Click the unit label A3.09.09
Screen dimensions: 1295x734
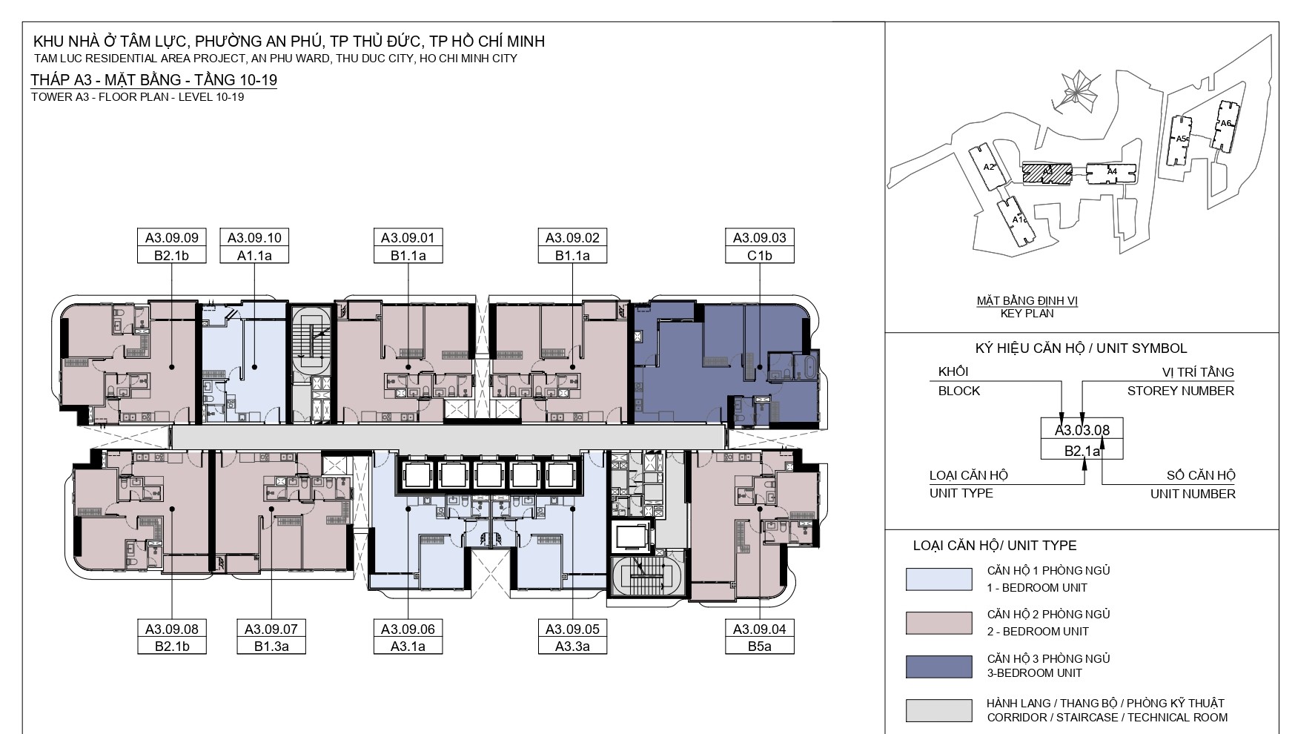click(x=171, y=238)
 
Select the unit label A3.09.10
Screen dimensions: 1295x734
click(x=254, y=238)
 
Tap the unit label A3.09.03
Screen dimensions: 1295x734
click(x=760, y=238)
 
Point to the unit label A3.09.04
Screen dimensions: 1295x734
click(x=760, y=629)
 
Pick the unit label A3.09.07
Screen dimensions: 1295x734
click(x=271, y=629)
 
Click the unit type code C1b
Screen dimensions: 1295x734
click(x=760, y=256)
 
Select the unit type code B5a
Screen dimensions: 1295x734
click(x=760, y=647)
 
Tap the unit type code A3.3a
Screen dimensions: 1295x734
click(x=573, y=647)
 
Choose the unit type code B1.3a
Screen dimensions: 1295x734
click(x=271, y=647)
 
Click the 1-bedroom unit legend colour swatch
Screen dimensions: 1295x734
click(x=938, y=579)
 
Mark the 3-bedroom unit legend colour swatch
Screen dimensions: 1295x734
click(x=938, y=667)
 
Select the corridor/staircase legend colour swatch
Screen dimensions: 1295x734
click(x=938, y=710)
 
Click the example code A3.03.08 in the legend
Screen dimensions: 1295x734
click(x=1082, y=429)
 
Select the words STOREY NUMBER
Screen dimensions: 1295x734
click(x=1181, y=391)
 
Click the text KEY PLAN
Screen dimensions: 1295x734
click(x=1027, y=314)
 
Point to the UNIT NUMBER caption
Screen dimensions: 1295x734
click(x=1193, y=494)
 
